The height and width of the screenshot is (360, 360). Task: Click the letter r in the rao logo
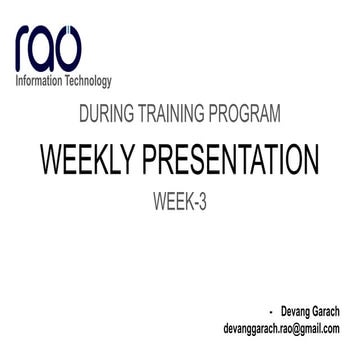[x=24, y=49]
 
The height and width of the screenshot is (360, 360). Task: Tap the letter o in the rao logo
[x=74, y=48]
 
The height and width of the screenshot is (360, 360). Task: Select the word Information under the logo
[x=40, y=81]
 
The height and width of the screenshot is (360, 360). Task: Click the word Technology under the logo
[x=89, y=81]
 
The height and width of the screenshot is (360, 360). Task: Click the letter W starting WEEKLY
[x=50, y=160]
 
